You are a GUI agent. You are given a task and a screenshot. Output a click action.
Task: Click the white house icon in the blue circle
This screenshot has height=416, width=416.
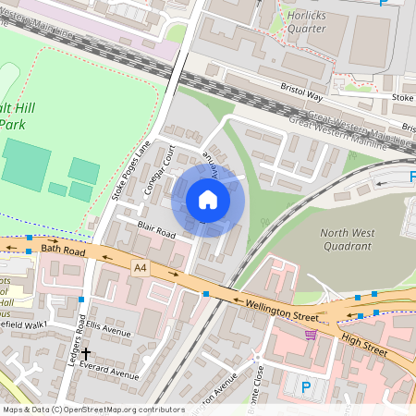click(x=208, y=200)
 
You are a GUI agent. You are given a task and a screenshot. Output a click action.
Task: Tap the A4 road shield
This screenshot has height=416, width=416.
click(x=140, y=268)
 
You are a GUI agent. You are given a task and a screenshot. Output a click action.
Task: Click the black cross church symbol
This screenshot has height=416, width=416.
click(x=86, y=353)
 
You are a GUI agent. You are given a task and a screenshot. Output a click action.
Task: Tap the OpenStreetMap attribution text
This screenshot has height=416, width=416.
click(x=92, y=410)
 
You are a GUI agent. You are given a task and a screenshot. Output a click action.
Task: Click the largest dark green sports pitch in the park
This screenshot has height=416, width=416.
click(x=26, y=165)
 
